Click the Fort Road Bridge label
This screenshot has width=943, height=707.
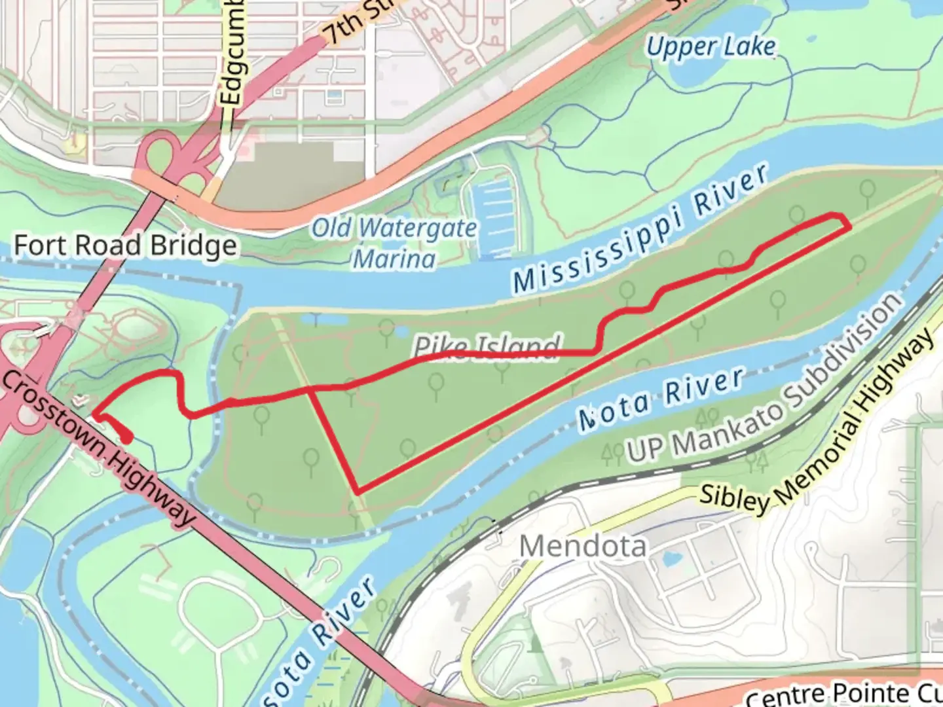125,246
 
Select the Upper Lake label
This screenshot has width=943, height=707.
711,46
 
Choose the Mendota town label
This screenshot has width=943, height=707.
582,545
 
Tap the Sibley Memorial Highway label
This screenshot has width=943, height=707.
819,426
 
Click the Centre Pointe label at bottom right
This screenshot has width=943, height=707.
845,693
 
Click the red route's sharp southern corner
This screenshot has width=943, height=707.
357,491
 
